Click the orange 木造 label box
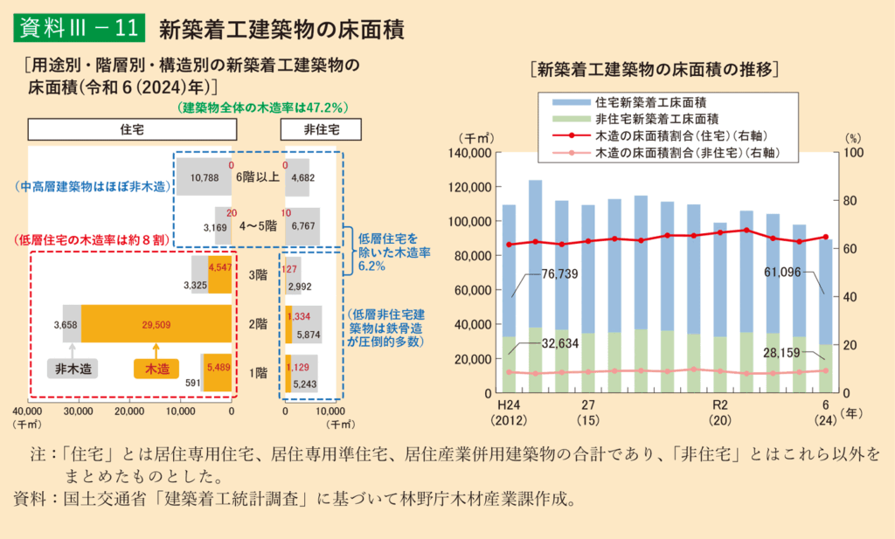[x=156, y=368]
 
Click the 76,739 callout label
[x=559, y=273]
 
